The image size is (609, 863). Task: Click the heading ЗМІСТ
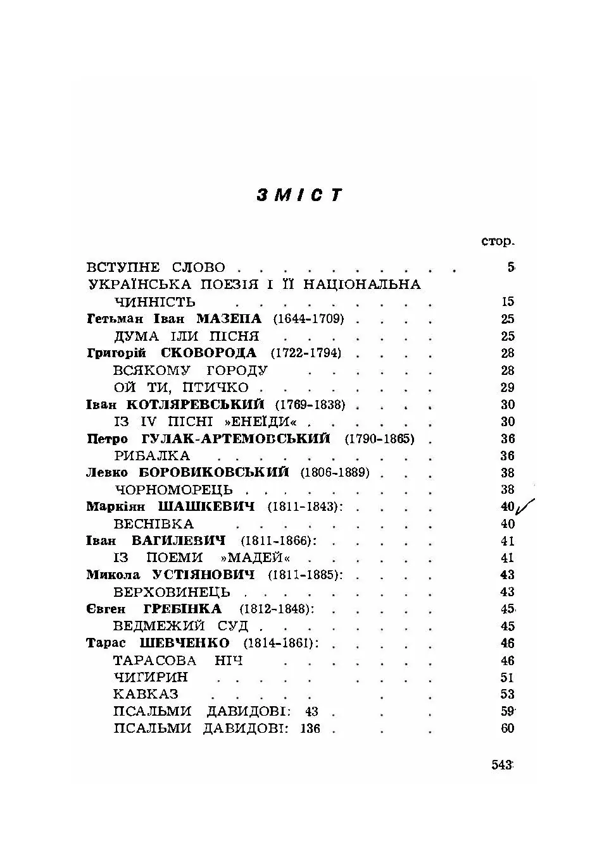299,195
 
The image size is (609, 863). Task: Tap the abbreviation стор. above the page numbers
498,242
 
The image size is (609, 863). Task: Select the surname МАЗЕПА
229,319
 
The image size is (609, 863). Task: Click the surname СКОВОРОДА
209,353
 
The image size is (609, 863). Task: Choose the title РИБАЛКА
152,456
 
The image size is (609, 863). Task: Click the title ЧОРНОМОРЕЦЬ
173,490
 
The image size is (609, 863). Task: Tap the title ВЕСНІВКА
154,524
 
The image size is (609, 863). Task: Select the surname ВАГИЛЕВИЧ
179,541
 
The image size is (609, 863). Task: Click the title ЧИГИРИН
151,677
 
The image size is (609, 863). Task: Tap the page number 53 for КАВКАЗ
507,694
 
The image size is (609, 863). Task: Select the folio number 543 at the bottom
501,764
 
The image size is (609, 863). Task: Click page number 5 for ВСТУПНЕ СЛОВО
510,267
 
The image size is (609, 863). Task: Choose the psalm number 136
310,728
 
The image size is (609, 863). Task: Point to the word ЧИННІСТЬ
155,302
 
